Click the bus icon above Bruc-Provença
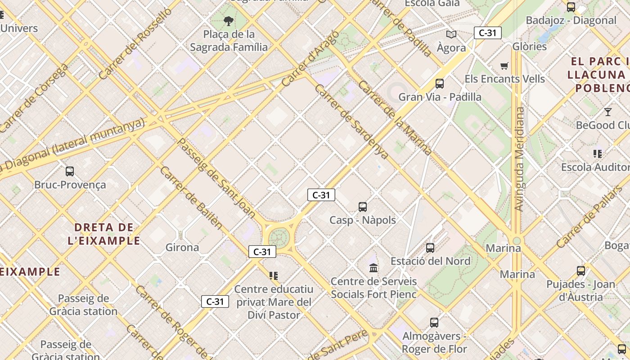click(x=70, y=171)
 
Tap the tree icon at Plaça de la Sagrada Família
click(x=229, y=21)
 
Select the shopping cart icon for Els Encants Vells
click(x=504, y=66)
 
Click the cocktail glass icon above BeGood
click(x=608, y=112)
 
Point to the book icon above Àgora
click(x=451, y=34)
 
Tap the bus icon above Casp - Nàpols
click(x=363, y=207)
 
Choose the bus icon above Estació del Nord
click(x=430, y=247)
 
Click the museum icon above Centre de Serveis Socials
click(x=373, y=268)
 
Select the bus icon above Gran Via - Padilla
click(x=440, y=83)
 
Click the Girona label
click(x=182, y=247)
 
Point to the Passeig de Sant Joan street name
click(x=216, y=178)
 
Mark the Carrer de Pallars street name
click(x=589, y=217)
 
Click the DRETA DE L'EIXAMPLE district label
click(x=104, y=234)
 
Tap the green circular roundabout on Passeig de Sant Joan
click(x=278, y=237)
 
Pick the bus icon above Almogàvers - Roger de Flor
click(x=434, y=322)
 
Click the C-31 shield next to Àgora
click(x=487, y=33)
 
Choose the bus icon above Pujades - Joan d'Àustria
click(x=581, y=271)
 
